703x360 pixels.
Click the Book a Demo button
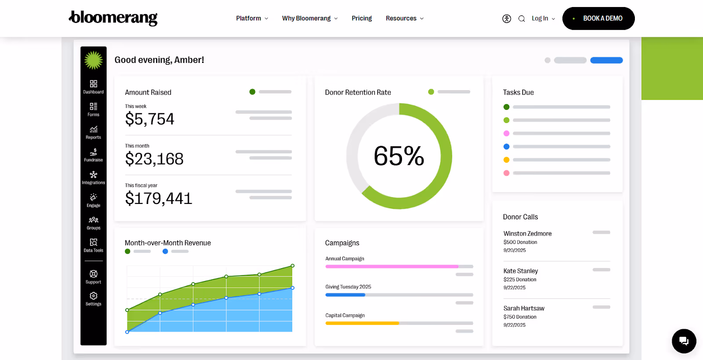coord(598,18)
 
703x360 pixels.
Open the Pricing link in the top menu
coord(362,18)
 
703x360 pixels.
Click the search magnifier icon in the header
coord(522,18)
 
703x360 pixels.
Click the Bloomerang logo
coord(113,18)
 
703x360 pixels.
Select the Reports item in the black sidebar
coord(93,132)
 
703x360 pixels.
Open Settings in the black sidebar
coord(93,298)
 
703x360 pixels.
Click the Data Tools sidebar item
coord(93,245)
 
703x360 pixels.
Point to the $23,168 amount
coord(154,159)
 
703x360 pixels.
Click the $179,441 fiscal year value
coord(159,199)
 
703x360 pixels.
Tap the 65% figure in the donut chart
coord(399,156)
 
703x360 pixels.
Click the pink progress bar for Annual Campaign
coord(391,266)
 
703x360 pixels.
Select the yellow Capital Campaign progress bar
coord(362,323)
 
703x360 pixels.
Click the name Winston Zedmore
coord(527,234)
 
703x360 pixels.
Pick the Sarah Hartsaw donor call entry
coord(524,309)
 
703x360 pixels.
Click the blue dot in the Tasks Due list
coord(506,146)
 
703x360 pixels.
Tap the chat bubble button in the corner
coord(684,341)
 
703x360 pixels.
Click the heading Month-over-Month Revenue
coord(168,243)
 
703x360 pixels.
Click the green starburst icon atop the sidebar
coord(94,60)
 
